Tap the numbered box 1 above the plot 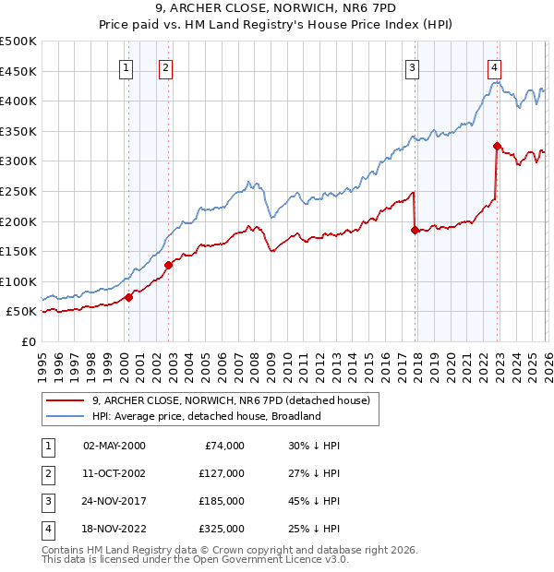(x=126, y=66)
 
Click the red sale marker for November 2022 (x=497, y=146)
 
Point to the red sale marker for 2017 (x=415, y=231)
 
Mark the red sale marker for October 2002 (x=168, y=265)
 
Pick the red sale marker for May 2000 (x=128, y=297)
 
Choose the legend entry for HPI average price (x=205, y=416)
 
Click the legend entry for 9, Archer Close (x=231, y=400)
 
